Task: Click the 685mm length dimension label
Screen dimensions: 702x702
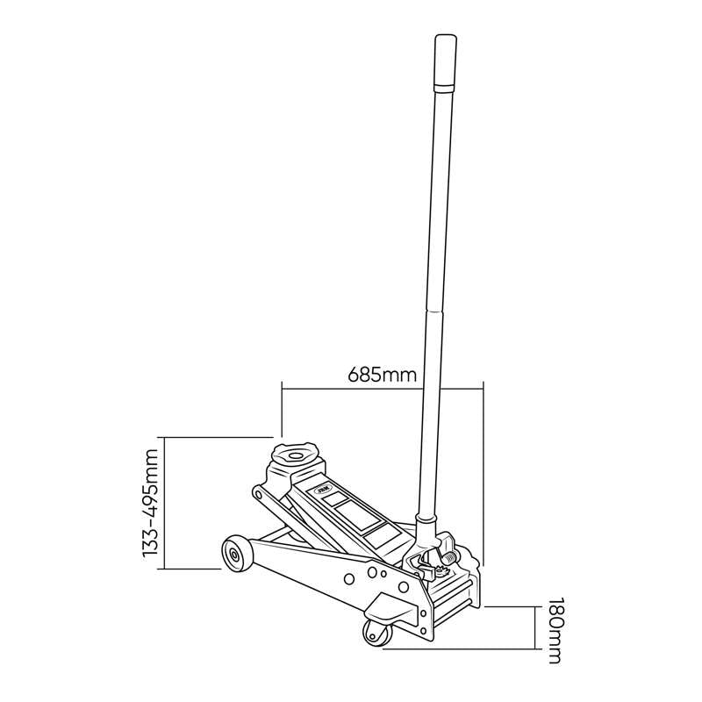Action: [x=382, y=375]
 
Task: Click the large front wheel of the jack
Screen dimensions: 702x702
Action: [x=236, y=553]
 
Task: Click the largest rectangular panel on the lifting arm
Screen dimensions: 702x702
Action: [x=344, y=508]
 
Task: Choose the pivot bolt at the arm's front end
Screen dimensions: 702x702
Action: [x=260, y=494]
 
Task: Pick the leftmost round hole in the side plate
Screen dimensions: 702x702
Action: [x=349, y=578]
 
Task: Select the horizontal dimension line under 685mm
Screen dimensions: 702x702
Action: [x=382, y=387]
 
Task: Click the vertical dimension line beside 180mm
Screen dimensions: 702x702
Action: [x=536, y=627]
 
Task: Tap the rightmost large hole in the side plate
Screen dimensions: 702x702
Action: [x=404, y=586]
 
